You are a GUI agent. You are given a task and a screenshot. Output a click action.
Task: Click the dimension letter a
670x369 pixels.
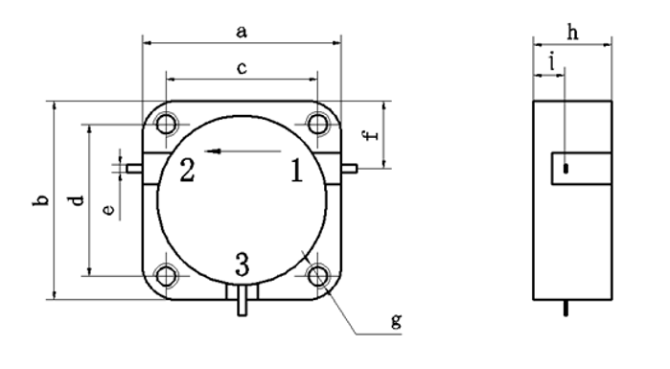click(x=242, y=32)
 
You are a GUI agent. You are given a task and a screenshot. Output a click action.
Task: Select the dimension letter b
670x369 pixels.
click(x=41, y=200)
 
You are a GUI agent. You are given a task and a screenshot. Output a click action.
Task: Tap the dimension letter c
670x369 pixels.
click(x=242, y=68)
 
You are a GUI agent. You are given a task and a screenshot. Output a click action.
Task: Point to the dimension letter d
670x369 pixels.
click(x=77, y=200)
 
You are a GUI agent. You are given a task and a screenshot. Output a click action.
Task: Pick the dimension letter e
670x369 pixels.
click(x=109, y=209)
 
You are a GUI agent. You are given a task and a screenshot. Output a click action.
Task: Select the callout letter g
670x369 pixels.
click(x=397, y=320)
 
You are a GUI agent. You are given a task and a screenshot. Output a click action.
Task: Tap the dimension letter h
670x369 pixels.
click(x=572, y=32)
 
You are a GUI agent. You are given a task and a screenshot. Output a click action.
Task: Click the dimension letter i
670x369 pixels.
click(x=552, y=62)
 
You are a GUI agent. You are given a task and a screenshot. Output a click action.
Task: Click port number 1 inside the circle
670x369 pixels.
click(x=296, y=171)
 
